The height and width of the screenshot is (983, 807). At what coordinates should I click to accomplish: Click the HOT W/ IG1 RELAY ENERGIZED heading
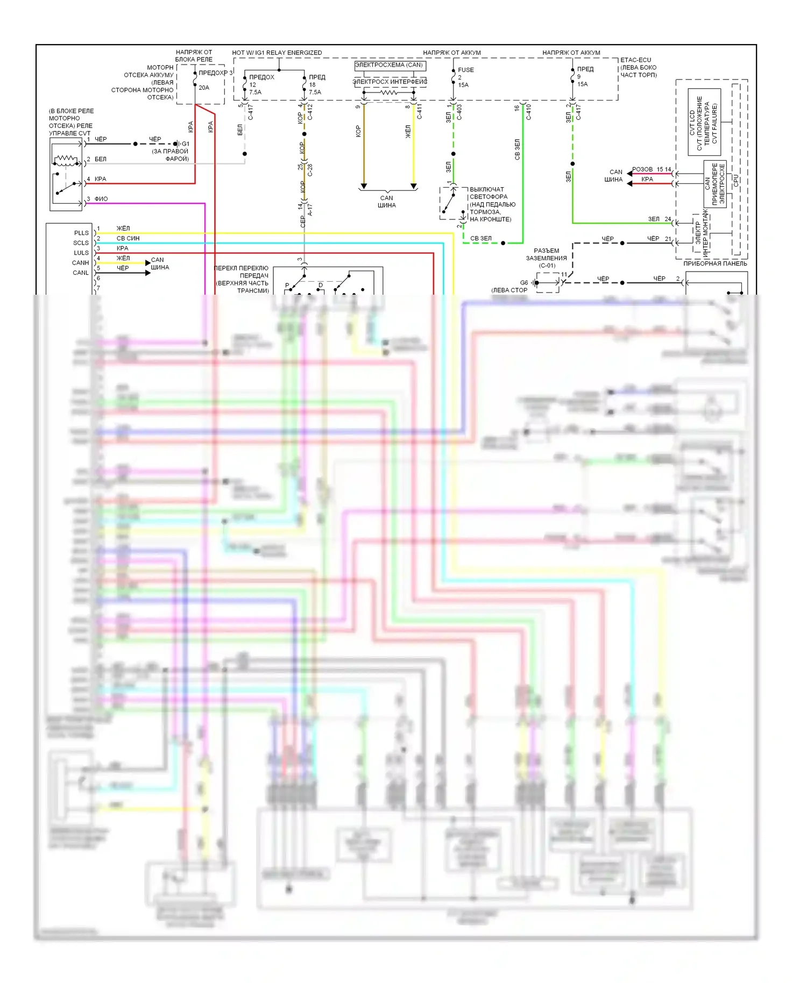[277, 53]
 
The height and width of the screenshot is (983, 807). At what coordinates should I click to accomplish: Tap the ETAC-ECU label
[635, 60]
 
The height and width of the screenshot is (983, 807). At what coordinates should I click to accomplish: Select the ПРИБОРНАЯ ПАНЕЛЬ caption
[714, 263]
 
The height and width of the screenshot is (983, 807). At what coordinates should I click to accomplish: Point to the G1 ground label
[185, 144]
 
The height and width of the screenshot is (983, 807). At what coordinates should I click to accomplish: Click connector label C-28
[310, 170]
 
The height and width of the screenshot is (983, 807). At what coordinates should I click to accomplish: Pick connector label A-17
[310, 210]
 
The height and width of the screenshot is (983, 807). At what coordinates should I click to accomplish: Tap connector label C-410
[528, 112]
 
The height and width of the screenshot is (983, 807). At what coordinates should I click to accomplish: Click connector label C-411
[419, 111]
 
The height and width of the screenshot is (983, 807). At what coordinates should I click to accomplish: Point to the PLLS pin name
[81, 233]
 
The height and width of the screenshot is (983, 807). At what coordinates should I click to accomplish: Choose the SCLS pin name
[81, 243]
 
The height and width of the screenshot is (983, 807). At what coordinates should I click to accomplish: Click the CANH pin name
[80, 263]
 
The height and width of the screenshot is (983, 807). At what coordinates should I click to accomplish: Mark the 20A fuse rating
[204, 88]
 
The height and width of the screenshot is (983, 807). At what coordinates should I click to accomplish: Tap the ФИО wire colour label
[101, 199]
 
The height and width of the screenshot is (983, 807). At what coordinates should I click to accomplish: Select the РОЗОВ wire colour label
[642, 169]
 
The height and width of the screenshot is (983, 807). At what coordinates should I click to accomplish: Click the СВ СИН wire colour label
[128, 238]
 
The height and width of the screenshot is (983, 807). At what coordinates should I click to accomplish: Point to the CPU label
[736, 181]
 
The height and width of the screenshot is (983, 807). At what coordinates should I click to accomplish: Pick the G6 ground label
[523, 283]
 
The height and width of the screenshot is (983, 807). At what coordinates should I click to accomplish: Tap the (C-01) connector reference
[547, 266]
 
